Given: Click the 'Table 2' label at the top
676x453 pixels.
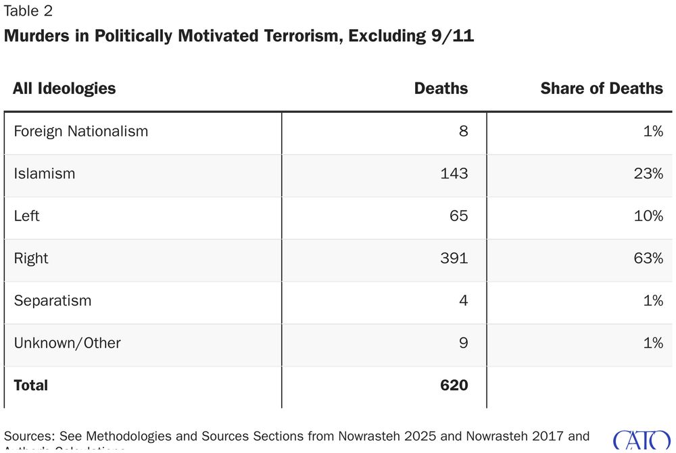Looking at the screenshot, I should point(28,11).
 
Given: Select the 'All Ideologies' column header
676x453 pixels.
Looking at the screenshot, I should point(64,89).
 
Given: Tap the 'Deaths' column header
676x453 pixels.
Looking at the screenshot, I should point(441,89).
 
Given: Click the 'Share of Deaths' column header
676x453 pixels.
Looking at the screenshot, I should point(602,89).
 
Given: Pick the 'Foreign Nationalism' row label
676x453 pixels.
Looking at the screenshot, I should point(80,131).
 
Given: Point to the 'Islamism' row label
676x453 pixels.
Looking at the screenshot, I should point(44,174).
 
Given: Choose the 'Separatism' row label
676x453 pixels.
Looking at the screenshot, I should point(52,300).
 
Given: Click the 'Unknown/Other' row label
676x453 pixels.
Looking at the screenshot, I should point(67,343).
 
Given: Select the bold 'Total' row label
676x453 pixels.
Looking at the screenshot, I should point(30,385).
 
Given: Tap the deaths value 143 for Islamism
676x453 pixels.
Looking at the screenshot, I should point(454,174).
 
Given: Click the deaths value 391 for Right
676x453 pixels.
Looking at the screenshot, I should point(454,258).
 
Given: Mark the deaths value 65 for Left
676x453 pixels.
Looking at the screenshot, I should point(458,216).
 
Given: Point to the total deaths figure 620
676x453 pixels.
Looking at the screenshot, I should point(454,385).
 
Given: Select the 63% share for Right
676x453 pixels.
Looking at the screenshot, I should point(648,258).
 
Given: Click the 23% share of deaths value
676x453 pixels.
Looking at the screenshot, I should point(648,174).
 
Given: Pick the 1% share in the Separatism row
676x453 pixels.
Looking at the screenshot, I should point(652,300).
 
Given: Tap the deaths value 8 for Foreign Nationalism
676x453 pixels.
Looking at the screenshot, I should point(463,131).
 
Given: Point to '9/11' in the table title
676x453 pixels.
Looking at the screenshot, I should point(452,37).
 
